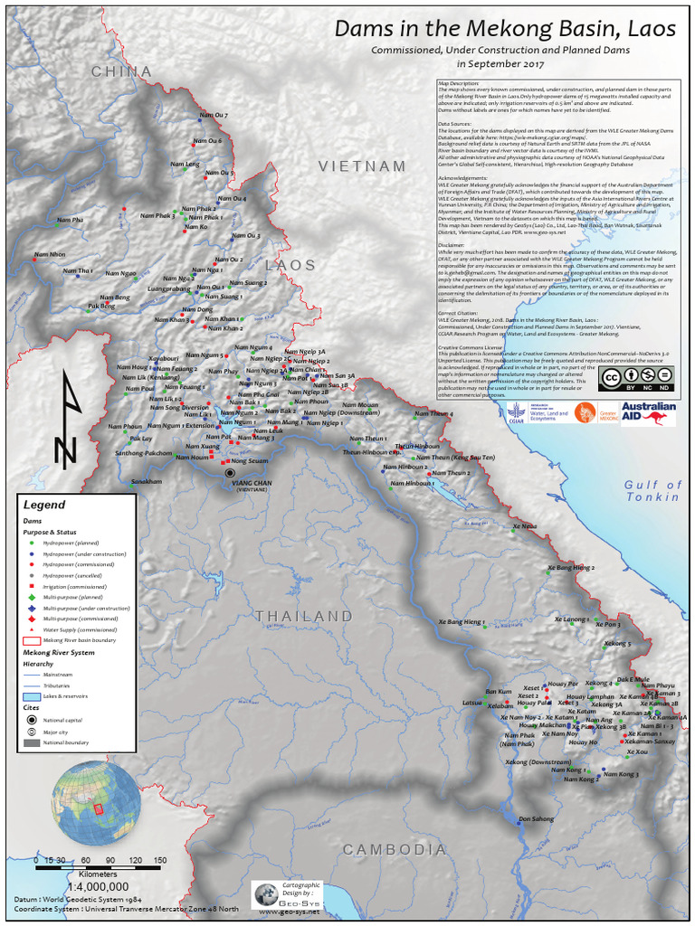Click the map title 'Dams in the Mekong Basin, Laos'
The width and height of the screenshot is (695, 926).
click(x=505, y=29)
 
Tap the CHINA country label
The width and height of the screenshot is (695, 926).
click(x=121, y=71)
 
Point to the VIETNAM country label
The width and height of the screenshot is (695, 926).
click(x=362, y=166)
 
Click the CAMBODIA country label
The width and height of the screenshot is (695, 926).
click(x=395, y=850)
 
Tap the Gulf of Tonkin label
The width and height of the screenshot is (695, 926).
click(x=652, y=491)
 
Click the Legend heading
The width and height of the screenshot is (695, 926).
click(x=44, y=505)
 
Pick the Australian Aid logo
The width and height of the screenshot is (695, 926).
click(x=648, y=413)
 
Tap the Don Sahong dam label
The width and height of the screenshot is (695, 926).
click(x=536, y=819)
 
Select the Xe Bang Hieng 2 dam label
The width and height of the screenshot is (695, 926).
click(x=569, y=567)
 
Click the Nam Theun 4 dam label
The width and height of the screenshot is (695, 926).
click(x=433, y=413)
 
